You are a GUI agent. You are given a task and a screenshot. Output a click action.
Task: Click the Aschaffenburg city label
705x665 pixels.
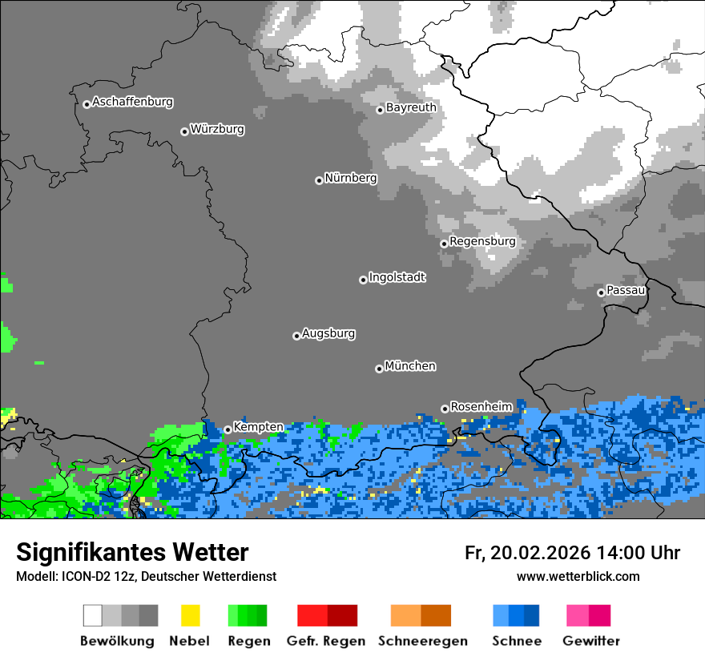click(132, 103)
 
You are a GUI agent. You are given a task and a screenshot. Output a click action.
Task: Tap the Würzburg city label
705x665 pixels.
click(217, 130)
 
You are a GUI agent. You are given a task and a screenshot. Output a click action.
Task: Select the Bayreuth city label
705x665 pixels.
click(411, 107)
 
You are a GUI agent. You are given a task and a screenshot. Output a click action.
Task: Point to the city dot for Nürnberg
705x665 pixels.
click(319, 180)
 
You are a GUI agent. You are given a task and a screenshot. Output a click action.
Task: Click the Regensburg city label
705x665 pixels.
click(482, 241)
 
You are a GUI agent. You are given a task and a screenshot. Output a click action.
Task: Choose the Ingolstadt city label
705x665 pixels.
click(397, 278)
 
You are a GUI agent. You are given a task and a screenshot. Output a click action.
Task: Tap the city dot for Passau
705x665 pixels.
click(601, 292)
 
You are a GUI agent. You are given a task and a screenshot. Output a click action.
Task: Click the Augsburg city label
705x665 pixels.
click(328, 334)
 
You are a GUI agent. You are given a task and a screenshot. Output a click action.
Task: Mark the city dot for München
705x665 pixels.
click(379, 369)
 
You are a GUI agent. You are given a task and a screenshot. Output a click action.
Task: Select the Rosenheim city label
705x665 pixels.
click(481, 407)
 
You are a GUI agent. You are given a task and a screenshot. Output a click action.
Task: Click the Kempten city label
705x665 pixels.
click(258, 428)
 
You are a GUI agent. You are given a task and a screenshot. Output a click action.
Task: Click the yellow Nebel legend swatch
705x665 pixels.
click(190, 615)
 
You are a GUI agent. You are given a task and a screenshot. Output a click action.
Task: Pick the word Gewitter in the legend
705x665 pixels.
click(591, 641)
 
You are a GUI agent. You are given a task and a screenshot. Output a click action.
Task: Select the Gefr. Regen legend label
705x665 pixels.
click(326, 641)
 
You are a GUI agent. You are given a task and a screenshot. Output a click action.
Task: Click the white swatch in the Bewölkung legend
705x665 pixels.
click(93, 615)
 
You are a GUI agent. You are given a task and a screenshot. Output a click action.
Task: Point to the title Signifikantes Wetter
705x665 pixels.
click(132, 553)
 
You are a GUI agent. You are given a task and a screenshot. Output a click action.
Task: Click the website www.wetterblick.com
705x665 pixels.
click(578, 577)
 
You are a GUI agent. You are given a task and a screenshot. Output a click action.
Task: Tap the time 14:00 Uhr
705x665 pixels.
click(639, 553)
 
